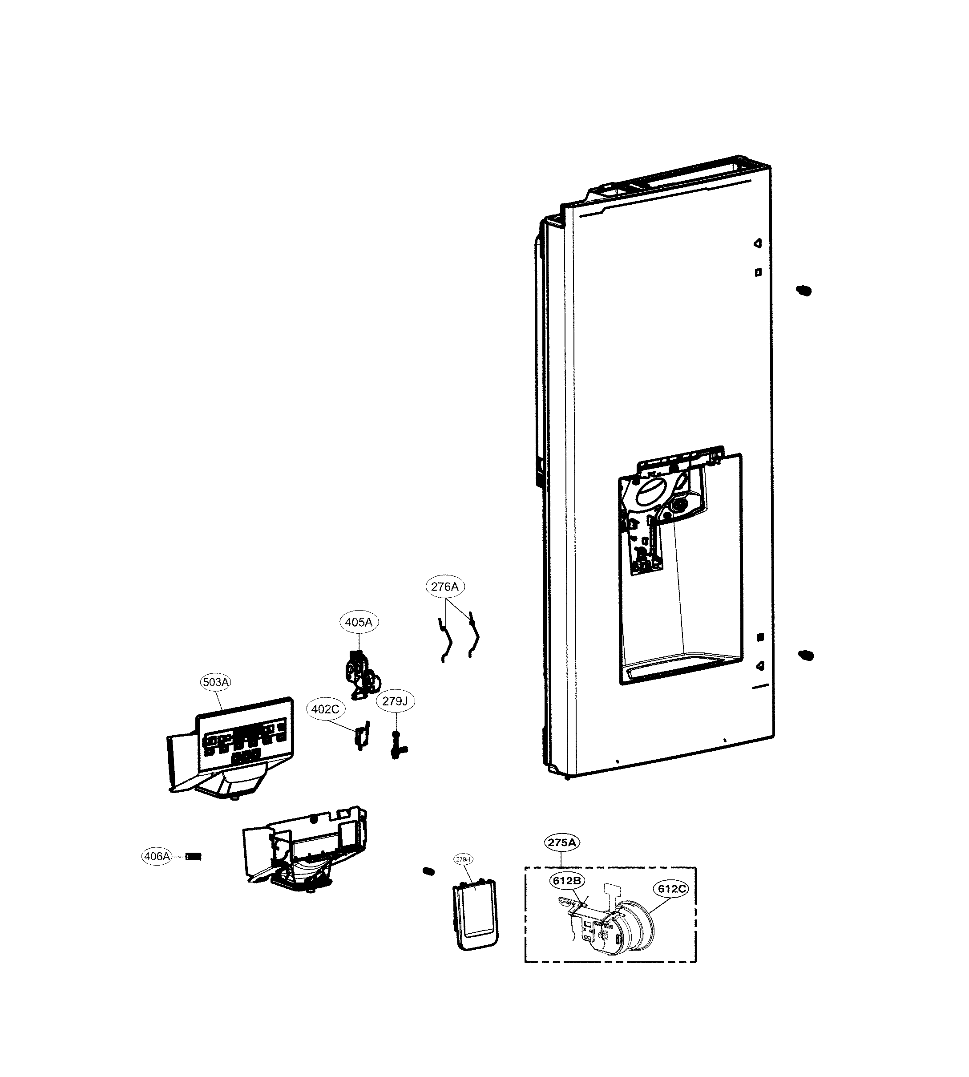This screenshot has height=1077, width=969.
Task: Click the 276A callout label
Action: tap(444, 587)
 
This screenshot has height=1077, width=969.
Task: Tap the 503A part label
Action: tap(216, 682)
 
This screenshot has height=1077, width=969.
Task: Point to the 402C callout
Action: tap(325, 709)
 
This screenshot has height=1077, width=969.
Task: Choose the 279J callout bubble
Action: tap(395, 701)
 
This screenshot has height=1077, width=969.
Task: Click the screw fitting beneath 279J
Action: tap(397, 746)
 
